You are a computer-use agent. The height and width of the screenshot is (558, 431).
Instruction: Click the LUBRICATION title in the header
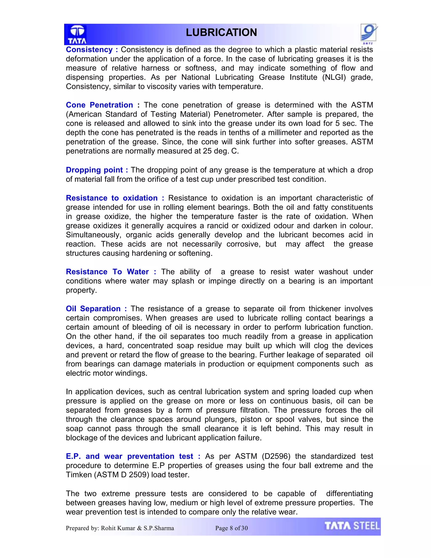221,32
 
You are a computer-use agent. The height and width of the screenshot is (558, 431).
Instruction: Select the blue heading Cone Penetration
99,105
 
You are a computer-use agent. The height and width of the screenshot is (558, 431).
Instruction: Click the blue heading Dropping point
94,170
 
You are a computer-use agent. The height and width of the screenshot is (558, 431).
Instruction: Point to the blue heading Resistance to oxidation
112,198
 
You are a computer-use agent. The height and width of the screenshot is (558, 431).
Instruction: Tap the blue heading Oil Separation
93,309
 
